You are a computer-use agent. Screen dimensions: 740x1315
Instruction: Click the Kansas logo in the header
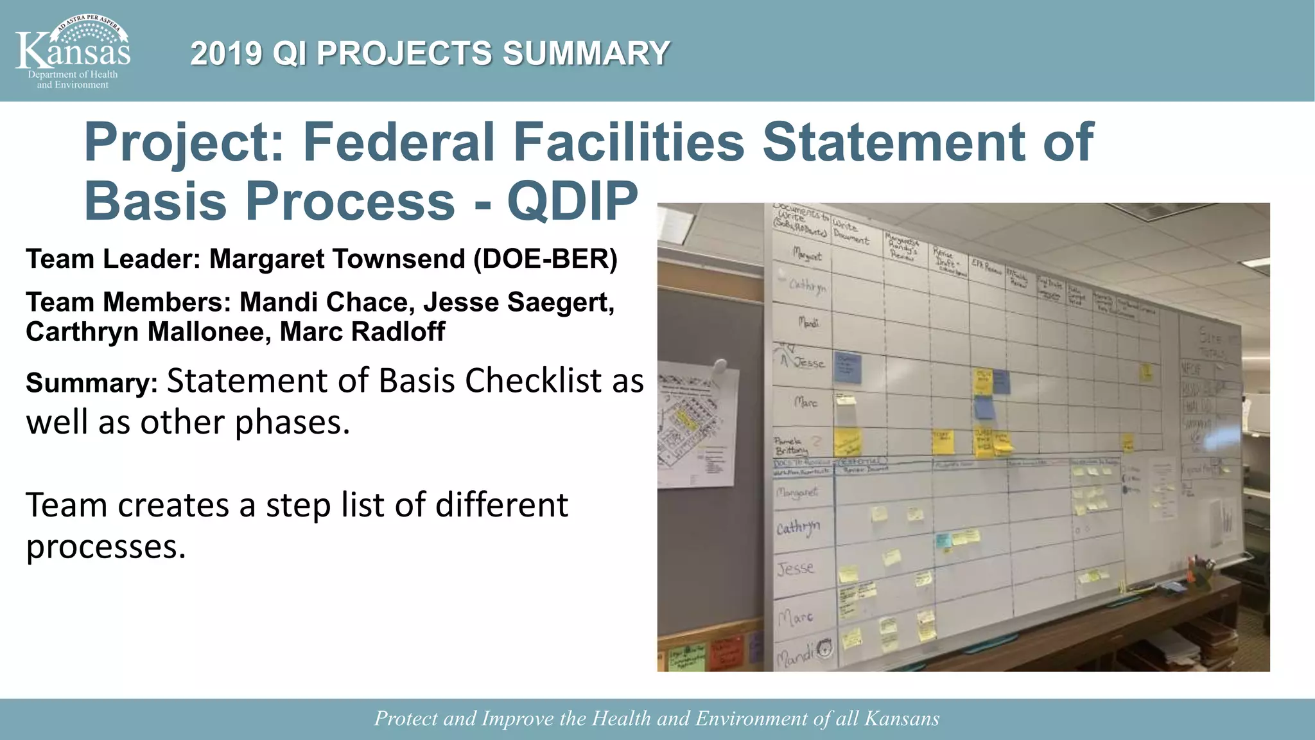pos(73,51)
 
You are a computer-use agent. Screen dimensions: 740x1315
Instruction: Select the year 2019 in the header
pos(226,53)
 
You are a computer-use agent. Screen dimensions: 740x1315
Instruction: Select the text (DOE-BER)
pos(545,259)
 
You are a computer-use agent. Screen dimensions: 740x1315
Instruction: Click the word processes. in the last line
pos(106,547)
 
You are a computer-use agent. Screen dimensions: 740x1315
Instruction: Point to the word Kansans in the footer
pos(901,718)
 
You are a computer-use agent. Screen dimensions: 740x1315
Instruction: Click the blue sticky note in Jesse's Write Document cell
pos(848,367)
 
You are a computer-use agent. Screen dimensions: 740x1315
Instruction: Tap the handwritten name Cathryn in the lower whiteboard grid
pos(797,528)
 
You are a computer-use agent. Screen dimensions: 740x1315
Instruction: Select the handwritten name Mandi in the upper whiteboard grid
pos(808,322)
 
